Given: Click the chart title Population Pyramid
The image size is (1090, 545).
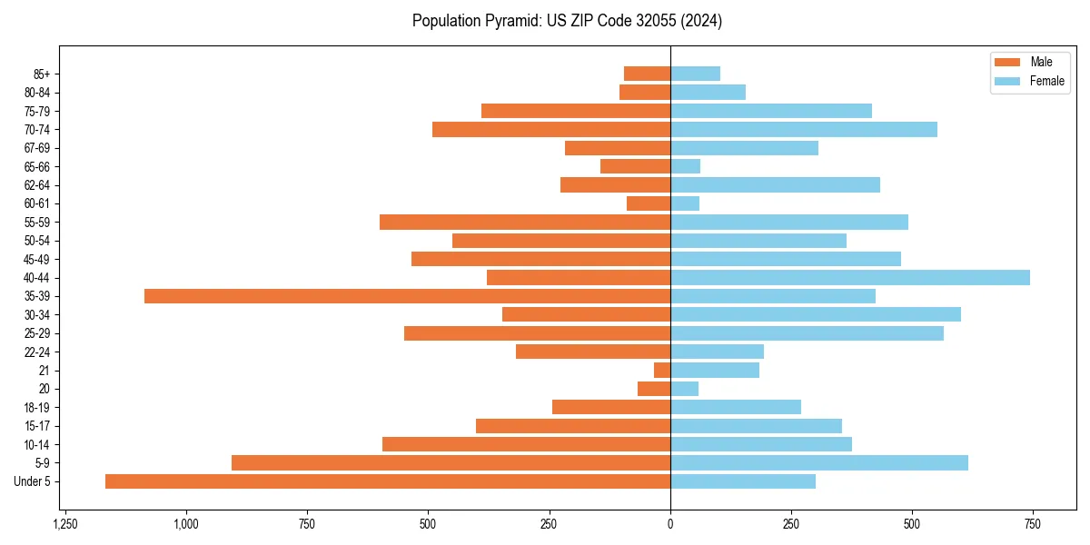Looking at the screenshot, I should (x=567, y=21).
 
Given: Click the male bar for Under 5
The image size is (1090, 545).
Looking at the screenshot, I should (x=388, y=481).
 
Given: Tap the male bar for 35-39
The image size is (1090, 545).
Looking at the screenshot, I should (x=407, y=296).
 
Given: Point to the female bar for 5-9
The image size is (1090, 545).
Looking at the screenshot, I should (x=819, y=462).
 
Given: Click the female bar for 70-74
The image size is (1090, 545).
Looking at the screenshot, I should (x=804, y=129).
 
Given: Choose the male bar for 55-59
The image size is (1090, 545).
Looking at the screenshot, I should (x=525, y=222).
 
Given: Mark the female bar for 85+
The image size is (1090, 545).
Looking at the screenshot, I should (x=695, y=74).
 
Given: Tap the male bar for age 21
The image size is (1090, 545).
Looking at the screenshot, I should (x=662, y=370).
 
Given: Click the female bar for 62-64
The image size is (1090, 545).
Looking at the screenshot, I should (x=775, y=184).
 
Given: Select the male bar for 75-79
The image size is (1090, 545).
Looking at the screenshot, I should (x=576, y=111).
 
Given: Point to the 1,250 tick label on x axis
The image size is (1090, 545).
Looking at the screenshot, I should (x=65, y=524).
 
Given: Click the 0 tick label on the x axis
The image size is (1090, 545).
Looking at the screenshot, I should (x=670, y=524).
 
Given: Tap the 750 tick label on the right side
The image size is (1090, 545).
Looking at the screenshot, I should (x=1033, y=524).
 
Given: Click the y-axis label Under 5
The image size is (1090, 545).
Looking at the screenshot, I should (x=32, y=481).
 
